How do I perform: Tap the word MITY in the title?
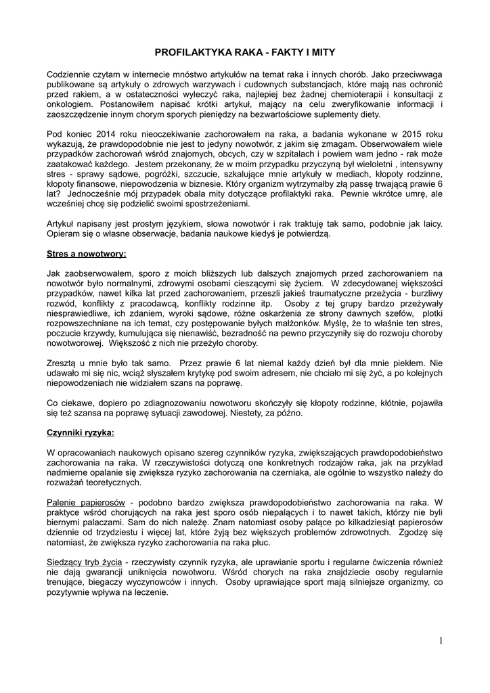321,51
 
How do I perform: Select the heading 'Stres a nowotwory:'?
87,254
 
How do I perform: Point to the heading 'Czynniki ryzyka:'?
81,432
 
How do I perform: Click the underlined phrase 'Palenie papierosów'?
86,502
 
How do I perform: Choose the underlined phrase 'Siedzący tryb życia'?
84,562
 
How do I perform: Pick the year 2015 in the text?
404,133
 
